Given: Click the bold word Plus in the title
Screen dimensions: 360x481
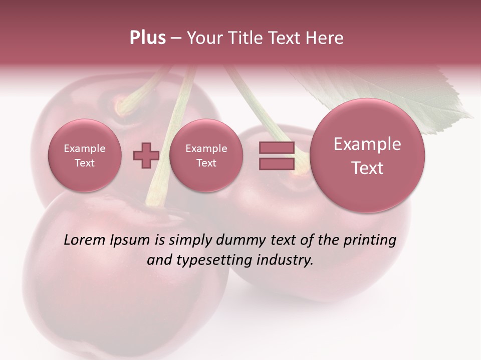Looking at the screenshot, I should coord(147,38).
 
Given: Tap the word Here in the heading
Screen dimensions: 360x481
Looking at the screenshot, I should coord(326,38).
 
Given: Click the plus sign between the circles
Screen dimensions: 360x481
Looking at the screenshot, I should coord(146,155).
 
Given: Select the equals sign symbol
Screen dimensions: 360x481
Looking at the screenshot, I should coord(277,155).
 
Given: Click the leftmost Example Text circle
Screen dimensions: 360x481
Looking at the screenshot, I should coord(85,155).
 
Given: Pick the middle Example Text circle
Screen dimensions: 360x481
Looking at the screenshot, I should coord(206,155).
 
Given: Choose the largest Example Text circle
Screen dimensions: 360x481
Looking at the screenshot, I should coord(367,155).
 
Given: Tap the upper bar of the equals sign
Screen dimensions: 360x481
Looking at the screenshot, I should coord(277,147).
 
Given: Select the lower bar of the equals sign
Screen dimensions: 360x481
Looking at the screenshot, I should coord(277,163).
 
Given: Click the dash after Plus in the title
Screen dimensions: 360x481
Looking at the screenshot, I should coord(176,38).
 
